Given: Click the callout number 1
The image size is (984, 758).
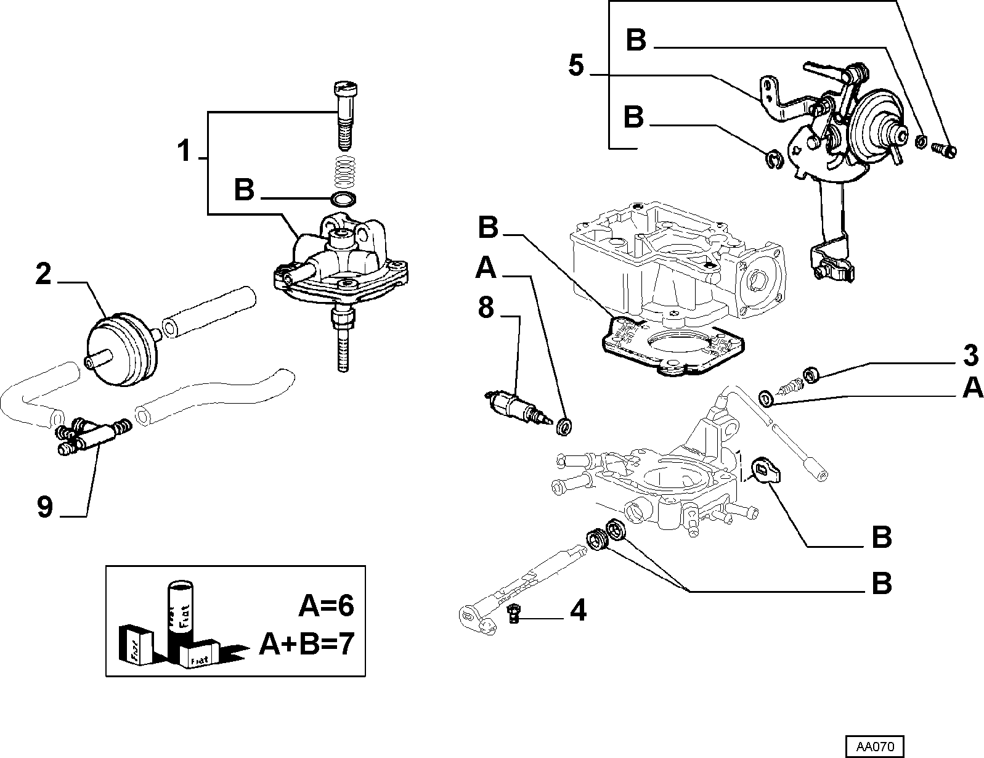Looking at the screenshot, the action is tap(184, 151).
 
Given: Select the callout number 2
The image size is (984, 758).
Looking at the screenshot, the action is tap(44, 274).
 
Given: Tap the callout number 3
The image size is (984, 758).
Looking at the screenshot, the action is tap(970, 356).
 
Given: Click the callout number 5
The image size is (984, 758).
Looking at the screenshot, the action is tap(577, 66).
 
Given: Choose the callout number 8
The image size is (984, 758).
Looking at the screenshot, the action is tap(486, 308).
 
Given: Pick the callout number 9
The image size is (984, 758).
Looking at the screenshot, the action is tap(45, 507).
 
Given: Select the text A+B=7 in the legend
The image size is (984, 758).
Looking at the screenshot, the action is tap(307, 644).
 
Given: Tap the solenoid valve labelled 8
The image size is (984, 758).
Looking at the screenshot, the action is tap(518, 405).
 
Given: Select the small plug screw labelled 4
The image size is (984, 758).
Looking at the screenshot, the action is tap(513, 613).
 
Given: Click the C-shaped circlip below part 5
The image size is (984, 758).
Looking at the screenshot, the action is tap(775, 159).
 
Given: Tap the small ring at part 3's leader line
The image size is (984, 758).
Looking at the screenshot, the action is tap(811, 375).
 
